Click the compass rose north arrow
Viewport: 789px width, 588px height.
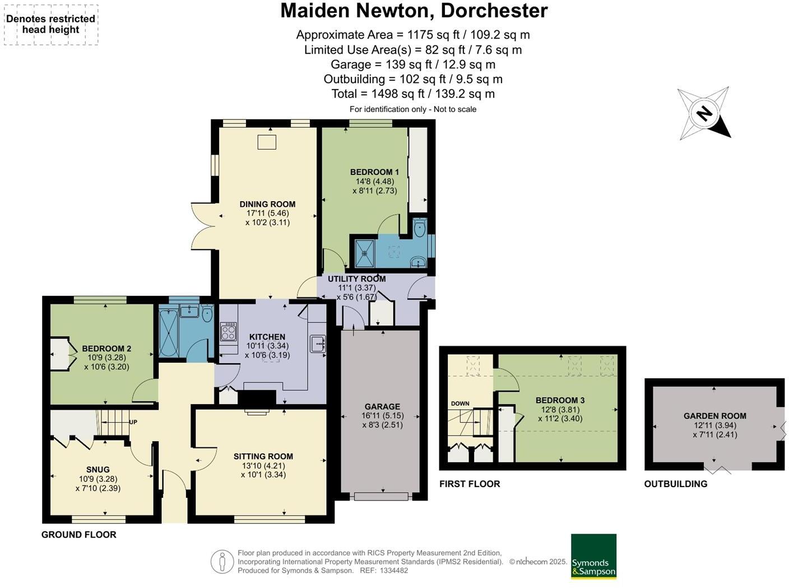click(704, 114)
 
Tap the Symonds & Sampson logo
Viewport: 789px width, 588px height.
click(593, 556)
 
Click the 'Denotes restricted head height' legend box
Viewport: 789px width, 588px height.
click(51, 25)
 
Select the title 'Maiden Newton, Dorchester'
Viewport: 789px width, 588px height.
click(414, 11)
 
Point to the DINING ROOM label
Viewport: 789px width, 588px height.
click(267, 205)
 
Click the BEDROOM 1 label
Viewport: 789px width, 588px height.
click(374, 172)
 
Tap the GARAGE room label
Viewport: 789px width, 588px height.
click(382, 406)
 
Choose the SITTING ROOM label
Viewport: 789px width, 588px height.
click(263, 456)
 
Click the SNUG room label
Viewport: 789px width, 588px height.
click(98, 470)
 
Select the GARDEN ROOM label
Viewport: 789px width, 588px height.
click(714, 416)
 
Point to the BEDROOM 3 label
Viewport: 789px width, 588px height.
click(560, 400)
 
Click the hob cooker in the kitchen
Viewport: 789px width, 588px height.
click(229, 332)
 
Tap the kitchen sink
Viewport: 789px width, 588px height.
click(318, 343)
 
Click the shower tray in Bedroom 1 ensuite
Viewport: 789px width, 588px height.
click(365, 253)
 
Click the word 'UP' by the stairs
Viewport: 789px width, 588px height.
click(133, 422)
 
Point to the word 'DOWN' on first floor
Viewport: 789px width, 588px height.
click(460, 404)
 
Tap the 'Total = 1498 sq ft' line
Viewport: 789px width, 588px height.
click(412, 94)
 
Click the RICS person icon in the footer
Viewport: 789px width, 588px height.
click(222, 562)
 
